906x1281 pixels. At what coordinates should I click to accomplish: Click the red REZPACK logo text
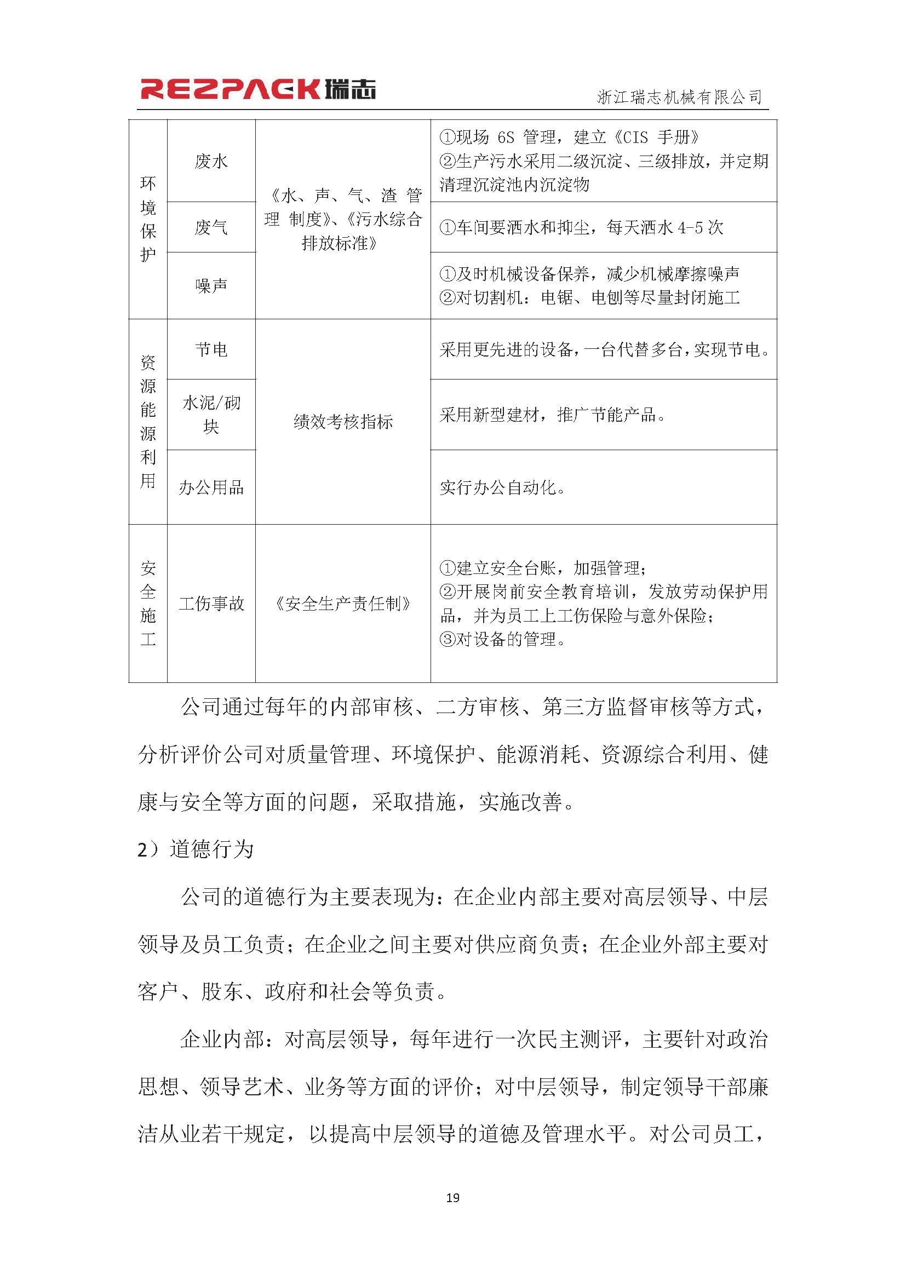[229, 90]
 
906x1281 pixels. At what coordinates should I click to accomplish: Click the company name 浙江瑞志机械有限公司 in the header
[679, 97]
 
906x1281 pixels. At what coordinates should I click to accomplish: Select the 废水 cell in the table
[211, 161]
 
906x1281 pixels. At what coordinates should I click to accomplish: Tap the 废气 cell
[211, 227]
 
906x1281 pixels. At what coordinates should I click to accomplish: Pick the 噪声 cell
[211, 286]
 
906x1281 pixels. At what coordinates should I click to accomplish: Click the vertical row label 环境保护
[148, 219]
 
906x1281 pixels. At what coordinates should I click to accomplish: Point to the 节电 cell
[211, 350]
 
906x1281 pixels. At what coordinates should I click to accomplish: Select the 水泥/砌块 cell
[211, 415]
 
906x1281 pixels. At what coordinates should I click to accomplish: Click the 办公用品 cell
[211, 487]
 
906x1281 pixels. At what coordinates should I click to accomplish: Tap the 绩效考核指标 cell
[342, 422]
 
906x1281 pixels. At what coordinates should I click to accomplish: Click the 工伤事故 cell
[211, 603]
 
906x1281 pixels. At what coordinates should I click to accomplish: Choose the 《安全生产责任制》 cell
[342, 603]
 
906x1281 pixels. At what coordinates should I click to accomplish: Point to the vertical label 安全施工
[148, 603]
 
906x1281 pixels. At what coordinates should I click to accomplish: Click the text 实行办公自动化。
[503, 487]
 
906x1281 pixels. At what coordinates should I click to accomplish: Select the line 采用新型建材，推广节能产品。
[552, 415]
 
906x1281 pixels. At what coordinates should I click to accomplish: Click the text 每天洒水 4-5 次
[664, 227]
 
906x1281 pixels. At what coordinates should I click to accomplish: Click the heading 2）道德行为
[195, 850]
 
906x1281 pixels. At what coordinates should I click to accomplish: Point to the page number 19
[452, 1197]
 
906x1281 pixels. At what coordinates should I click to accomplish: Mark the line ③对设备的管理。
[503, 639]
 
